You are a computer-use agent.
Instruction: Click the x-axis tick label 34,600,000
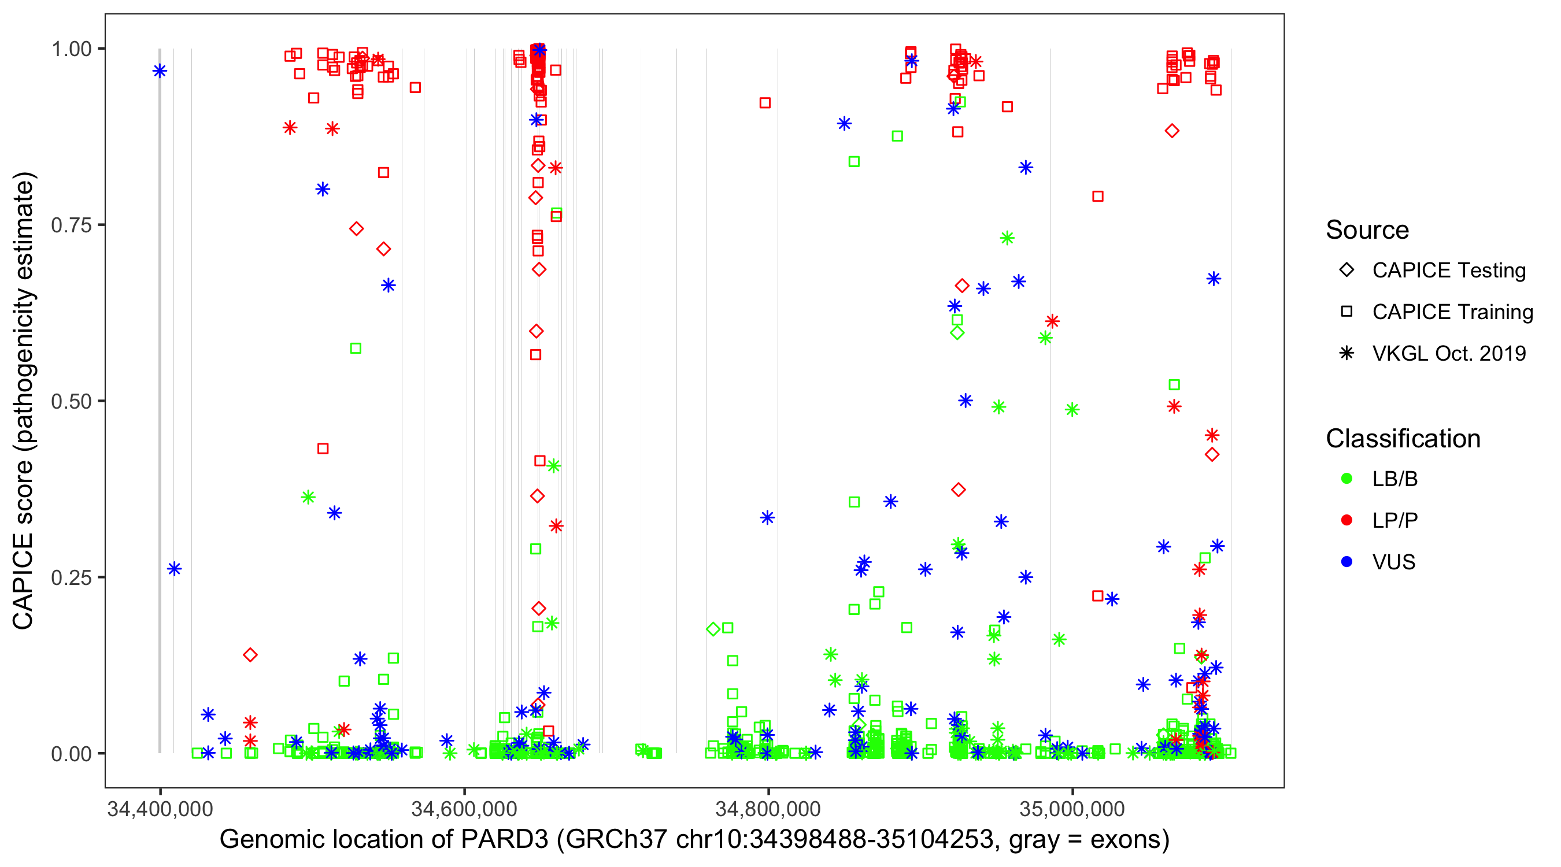coord(464,809)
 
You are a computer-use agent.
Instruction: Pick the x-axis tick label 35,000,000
coord(1072,809)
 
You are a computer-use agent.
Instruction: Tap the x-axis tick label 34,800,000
coord(768,809)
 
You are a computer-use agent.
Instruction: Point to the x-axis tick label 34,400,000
coord(160,809)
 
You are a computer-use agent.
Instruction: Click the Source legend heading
coord(1367,230)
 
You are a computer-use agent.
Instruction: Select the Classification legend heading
coord(1403,439)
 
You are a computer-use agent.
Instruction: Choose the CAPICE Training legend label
coord(1452,312)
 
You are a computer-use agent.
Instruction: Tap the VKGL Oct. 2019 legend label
coord(1449,354)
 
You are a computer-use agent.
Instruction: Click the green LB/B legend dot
coord(1347,479)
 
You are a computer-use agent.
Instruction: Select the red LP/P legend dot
coord(1347,520)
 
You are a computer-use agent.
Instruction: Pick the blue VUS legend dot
coord(1347,562)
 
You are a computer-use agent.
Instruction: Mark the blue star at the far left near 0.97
coord(160,72)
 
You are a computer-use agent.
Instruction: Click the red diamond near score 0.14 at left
coord(250,655)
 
